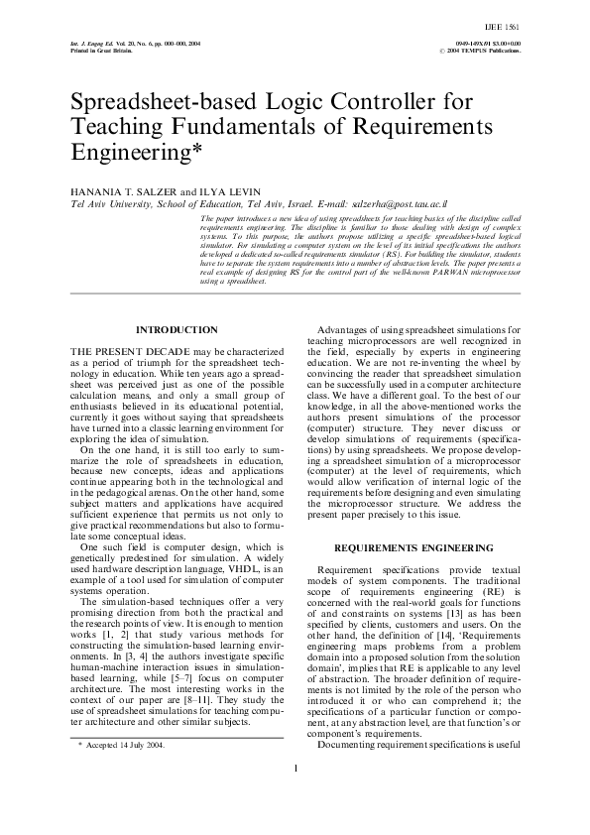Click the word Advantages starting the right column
click(x=351, y=329)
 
